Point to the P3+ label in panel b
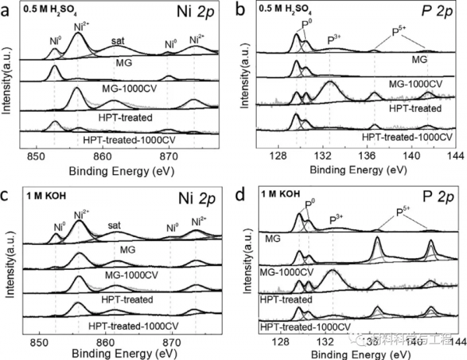coord(336,39)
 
